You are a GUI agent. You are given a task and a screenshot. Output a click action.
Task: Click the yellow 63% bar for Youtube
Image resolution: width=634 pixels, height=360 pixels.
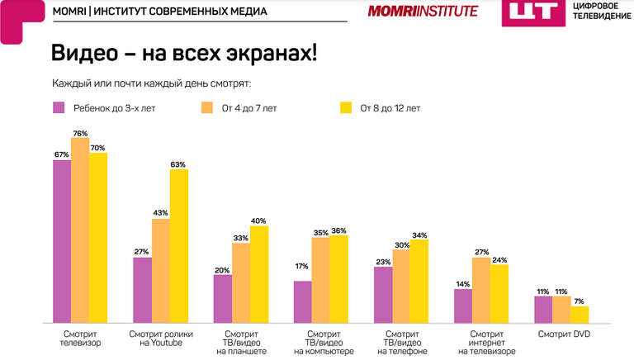[x=178, y=245]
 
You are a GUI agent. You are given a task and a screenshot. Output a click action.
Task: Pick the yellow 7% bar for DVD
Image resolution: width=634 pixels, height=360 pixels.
[x=580, y=314]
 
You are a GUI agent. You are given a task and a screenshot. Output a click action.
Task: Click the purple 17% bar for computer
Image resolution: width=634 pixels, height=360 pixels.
[x=303, y=301]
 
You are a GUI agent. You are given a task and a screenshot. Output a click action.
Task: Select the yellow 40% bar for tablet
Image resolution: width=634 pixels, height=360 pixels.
[x=259, y=273]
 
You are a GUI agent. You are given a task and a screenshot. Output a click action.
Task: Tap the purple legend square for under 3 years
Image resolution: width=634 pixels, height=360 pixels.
[x=59, y=107]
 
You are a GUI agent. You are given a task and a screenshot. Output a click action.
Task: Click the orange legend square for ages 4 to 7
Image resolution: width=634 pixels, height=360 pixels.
[x=206, y=107]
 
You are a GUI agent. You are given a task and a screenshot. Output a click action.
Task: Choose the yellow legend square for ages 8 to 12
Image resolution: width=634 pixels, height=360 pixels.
[x=347, y=107]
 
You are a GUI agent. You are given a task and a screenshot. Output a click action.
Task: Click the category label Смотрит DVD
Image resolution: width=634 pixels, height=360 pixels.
[x=565, y=334]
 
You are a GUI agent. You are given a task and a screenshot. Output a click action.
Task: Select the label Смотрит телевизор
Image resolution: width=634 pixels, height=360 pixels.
[x=81, y=339]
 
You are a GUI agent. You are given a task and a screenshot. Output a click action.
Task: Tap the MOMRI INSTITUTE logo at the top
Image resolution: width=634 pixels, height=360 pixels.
[x=423, y=11]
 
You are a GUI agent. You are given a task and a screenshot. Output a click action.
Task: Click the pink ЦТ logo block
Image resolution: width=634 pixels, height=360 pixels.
[x=528, y=12]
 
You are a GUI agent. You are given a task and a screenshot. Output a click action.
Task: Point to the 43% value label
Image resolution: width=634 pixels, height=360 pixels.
[x=160, y=213]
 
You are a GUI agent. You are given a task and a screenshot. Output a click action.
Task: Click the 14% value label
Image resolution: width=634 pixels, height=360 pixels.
[x=462, y=283]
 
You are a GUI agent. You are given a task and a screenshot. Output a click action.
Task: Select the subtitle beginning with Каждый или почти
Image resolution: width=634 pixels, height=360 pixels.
[x=151, y=83]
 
